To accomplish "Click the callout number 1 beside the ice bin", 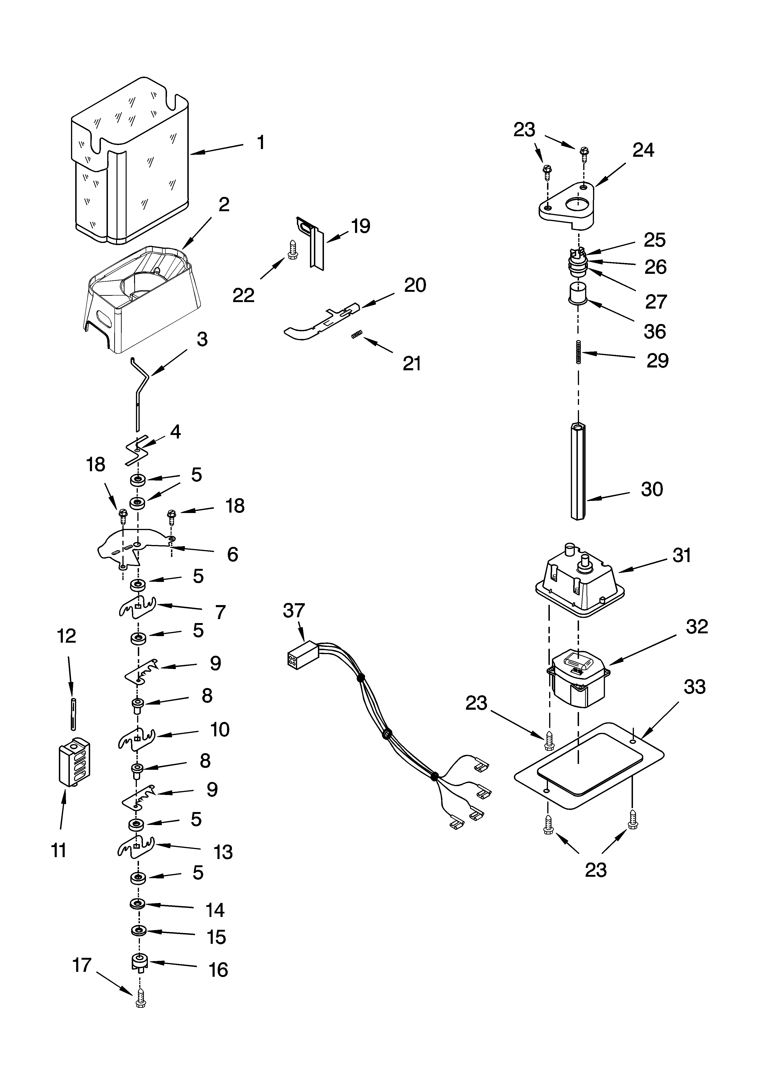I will tap(260, 142).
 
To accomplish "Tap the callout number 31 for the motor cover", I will tap(682, 555).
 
